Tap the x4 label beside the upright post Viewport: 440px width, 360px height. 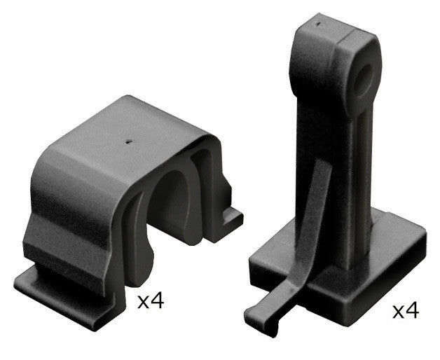pyautogui.click(x=404, y=310)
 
